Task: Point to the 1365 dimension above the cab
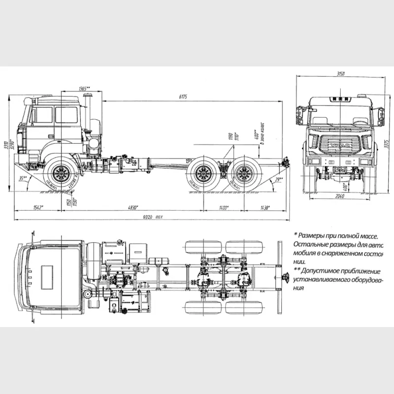(84, 88)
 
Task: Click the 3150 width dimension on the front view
(340, 74)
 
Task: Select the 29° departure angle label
(279, 178)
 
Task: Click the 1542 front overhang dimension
(37, 208)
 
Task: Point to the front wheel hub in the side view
(62, 174)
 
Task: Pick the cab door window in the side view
(66, 115)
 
